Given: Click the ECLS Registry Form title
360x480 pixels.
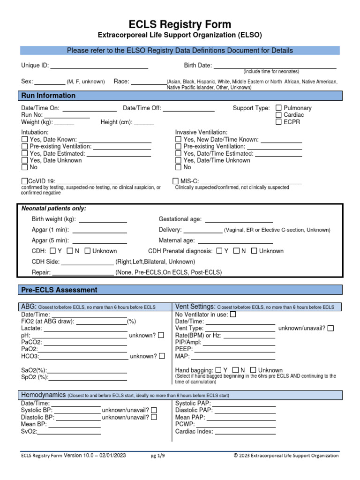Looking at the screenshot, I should (180, 24).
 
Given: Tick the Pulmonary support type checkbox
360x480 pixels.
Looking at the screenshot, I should (278, 108).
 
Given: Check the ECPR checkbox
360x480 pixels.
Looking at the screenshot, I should (278, 122).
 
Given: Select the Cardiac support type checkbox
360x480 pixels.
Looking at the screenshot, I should (278, 115).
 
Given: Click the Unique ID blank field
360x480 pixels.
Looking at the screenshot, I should (99, 66).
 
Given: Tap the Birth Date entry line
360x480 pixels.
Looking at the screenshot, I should (275, 66).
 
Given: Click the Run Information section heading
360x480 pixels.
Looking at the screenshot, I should (48, 96).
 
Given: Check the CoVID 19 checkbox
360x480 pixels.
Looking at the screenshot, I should (24, 181).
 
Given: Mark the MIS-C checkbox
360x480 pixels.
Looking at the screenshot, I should (176, 181).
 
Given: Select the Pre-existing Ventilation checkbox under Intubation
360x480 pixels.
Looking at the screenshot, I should (24, 147).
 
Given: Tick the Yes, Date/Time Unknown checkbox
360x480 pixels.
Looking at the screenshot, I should (178, 160).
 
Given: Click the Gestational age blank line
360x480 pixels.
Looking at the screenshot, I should (239, 219).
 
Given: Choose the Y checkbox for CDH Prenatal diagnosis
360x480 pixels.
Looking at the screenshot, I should (219, 251).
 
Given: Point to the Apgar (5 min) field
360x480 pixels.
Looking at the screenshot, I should (99, 241).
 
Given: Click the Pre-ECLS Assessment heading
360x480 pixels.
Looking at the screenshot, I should (60, 290).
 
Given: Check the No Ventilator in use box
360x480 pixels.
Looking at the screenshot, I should (233, 315).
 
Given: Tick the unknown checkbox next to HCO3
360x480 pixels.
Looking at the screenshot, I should (162, 356).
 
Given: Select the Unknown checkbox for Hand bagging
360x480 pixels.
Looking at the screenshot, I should (254, 370).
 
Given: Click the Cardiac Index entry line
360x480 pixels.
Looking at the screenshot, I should (245, 432).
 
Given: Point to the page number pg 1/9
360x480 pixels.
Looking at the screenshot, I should (158, 456).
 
